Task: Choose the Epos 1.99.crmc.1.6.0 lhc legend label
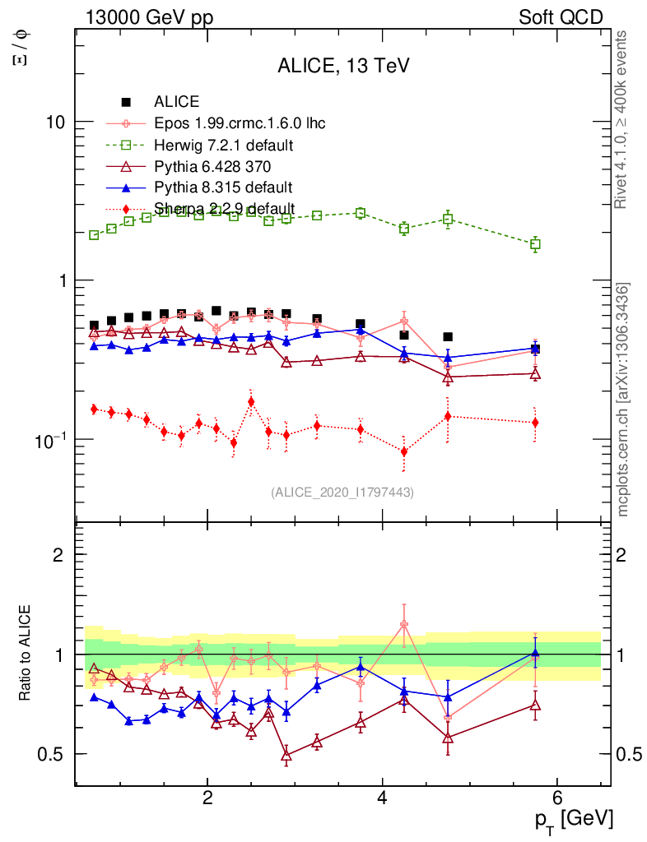pyautogui.click(x=240, y=124)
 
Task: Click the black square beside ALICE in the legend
pyautogui.click(x=126, y=103)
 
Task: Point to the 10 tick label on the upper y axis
pyautogui.click(x=56, y=122)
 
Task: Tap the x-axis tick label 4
pyautogui.click(x=382, y=798)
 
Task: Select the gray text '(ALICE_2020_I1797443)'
pyautogui.click(x=342, y=492)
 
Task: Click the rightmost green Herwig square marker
pyautogui.click(x=535, y=244)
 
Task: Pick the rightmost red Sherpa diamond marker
pyautogui.click(x=535, y=423)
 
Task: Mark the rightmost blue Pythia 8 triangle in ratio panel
pyautogui.click(x=535, y=653)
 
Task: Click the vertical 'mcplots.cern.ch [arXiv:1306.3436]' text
pyautogui.click(x=623, y=400)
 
